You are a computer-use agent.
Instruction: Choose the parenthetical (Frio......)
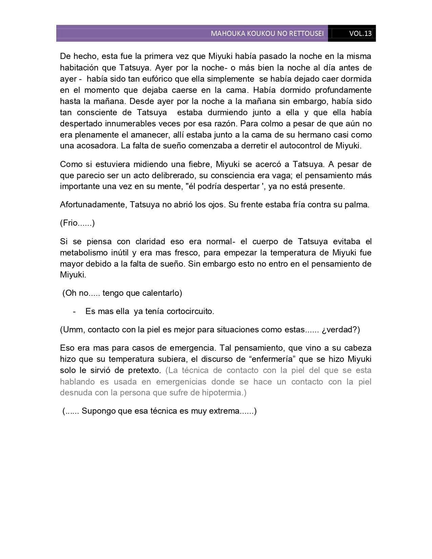point(77,223)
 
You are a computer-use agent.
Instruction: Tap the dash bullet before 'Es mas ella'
point(74,311)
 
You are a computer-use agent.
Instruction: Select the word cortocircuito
point(190,311)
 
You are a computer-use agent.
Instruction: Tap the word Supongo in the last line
point(98,411)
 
